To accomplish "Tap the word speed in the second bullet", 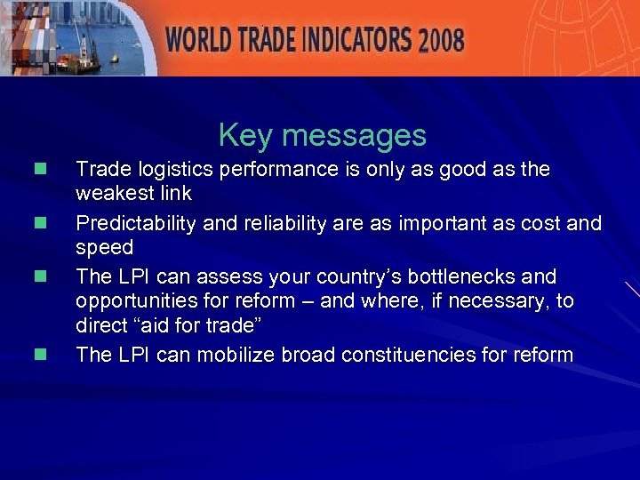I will pos(104,247).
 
